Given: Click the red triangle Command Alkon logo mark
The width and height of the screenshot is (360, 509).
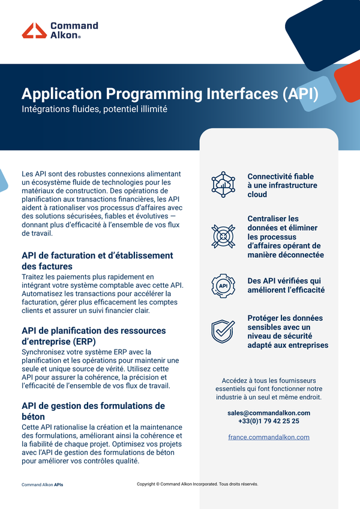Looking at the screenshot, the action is pos(34,31).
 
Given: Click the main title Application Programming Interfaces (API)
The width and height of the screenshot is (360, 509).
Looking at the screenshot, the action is pos(170,94).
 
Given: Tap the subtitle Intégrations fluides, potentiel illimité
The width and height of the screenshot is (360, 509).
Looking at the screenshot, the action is pos(95,109).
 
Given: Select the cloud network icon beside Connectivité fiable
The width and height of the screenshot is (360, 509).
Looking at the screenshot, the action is pos(223,185).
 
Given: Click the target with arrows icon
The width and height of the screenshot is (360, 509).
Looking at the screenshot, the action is pos(223,236).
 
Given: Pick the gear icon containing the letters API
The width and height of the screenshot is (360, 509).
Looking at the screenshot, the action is pos(223,286).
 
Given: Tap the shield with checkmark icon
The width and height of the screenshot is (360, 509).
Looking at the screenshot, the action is pos(223,331).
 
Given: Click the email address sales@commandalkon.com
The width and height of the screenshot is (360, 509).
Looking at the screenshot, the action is pos(269,413).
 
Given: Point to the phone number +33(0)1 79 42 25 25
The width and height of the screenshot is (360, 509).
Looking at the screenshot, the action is pos(269,421).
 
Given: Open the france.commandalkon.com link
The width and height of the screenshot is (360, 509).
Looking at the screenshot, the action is pos(269,437).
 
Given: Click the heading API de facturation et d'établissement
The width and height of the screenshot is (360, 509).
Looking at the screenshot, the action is pos(97,255).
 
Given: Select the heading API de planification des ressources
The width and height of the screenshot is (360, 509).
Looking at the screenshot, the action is pos(94,331).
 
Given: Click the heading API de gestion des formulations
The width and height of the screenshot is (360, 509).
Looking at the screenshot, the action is pos(93,406).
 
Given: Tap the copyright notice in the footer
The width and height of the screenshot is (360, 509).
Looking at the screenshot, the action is pos(197,484).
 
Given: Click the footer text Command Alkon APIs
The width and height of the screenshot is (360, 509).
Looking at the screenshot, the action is pos(42,484).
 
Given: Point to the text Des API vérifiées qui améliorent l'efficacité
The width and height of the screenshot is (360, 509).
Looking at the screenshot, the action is pos(286,285).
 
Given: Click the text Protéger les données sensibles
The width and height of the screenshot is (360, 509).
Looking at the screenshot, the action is pos(285,323).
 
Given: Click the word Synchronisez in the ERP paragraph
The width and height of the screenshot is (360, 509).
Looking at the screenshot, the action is pos(41,352).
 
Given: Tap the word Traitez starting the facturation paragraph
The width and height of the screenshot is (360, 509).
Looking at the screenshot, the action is pos(31,277).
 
